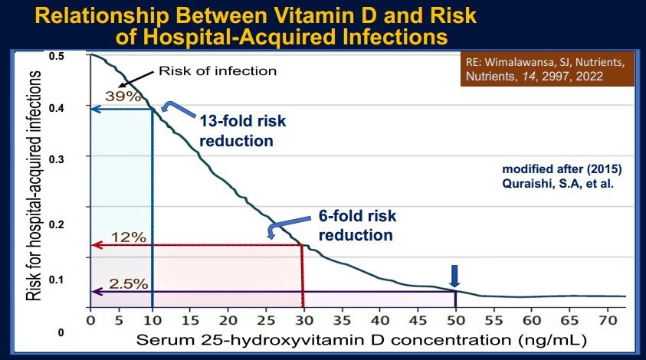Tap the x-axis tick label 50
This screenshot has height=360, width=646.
click(456, 319)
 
